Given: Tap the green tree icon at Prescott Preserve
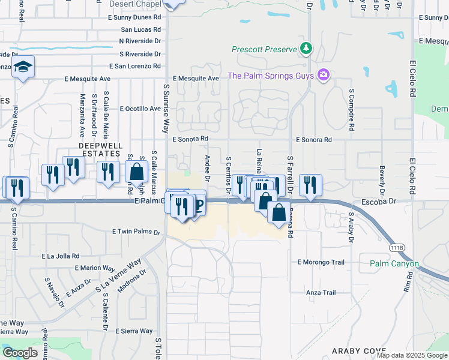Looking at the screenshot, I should point(307,48).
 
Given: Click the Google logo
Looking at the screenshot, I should point(20,353).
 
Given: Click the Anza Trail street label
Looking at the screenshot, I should point(321,293).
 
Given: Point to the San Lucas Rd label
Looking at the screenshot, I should point(141,29).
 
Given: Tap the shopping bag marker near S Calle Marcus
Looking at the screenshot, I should point(137,172).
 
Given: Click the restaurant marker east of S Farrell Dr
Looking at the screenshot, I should point(310,185).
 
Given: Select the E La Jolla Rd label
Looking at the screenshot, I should point(65,256).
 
